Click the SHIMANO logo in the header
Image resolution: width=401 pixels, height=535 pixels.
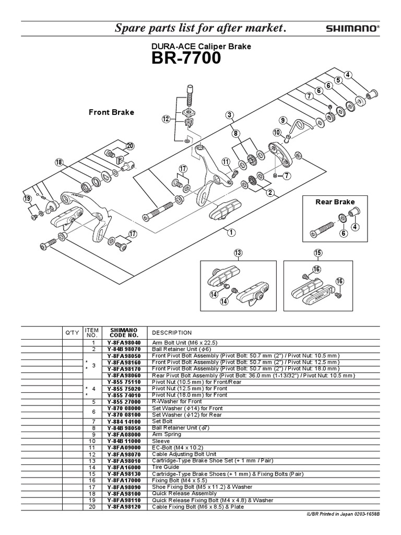pyautogui.click(x=353, y=29)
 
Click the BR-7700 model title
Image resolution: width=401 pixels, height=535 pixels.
pyautogui.click(x=186, y=59)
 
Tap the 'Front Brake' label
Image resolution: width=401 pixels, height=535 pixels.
pyautogui.click(x=111, y=112)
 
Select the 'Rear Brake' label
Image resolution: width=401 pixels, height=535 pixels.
pyautogui.click(x=335, y=202)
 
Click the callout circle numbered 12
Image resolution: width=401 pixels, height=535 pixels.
pyautogui.click(x=166, y=119)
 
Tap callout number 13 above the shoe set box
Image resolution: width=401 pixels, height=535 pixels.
pyautogui.click(x=239, y=253)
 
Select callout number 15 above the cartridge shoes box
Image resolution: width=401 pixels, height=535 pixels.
pyautogui.click(x=319, y=253)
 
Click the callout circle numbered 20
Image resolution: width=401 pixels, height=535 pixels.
pyautogui.click(x=129, y=146)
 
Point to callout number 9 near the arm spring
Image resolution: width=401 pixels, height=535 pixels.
pyautogui.click(x=283, y=120)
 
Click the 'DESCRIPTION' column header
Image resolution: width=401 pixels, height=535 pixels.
pyautogui.click(x=172, y=332)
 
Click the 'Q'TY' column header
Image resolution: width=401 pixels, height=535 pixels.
pyautogui.click(x=71, y=332)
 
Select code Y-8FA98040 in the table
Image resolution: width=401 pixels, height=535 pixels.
pyautogui.click(x=124, y=342)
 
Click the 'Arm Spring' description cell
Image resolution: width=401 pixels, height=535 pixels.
pyautogui.click(x=167, y=434)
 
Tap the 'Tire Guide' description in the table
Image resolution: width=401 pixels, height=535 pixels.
pyautogui.click(x=166, y=467)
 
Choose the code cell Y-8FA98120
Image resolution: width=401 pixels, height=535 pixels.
pyautogui.click(x=124, y=506)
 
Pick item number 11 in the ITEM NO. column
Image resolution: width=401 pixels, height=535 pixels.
pyautogui.click(x=92, y=447)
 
